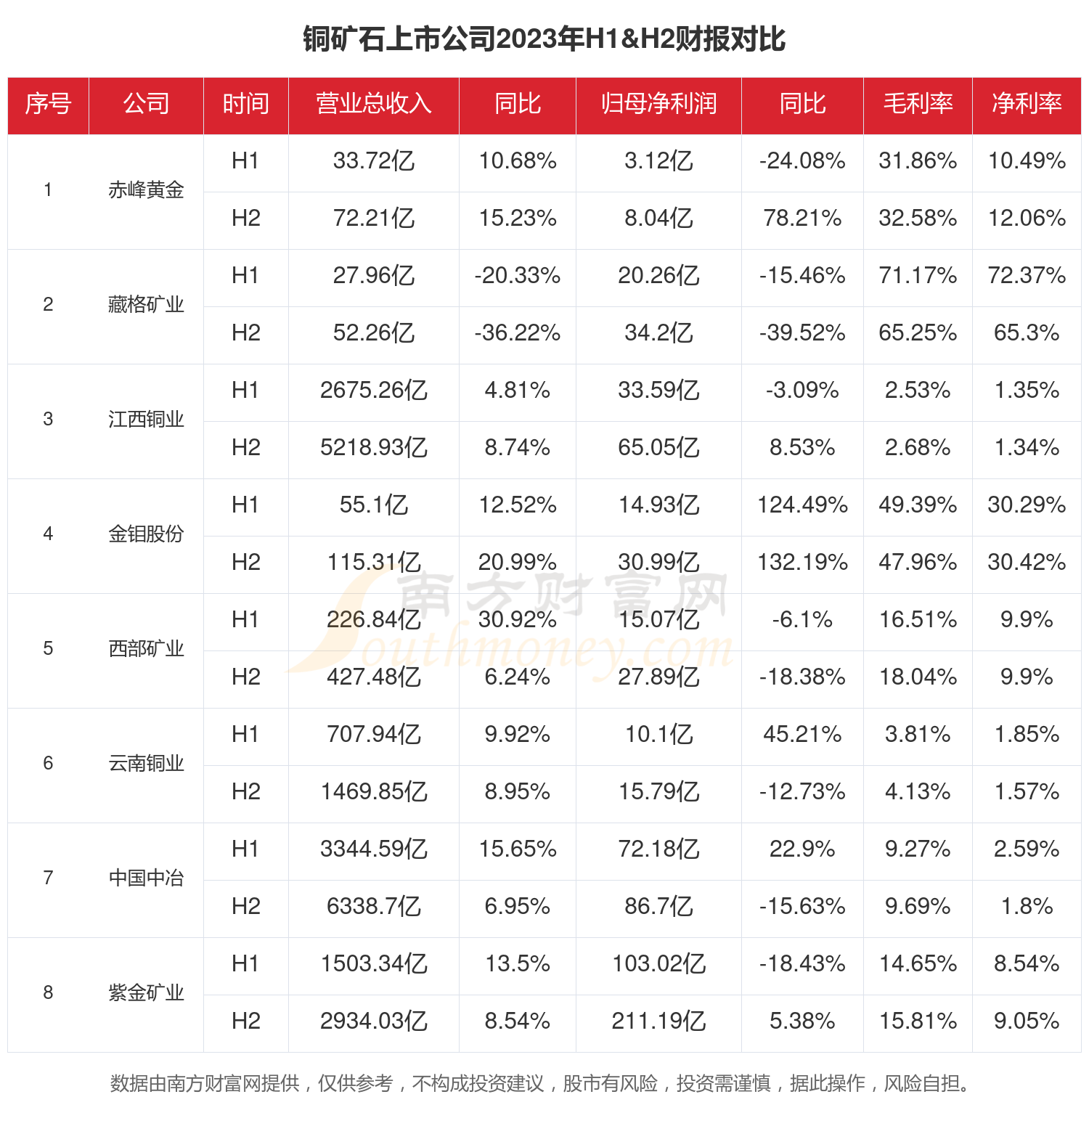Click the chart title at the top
(544, 39)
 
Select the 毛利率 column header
(918, 104)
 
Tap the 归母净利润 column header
(658, 104)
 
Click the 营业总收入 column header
(373, 104)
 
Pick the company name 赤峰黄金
(146, 190)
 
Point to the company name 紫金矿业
(146, 992)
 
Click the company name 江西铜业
(146, 420)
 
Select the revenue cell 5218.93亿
(373, 447)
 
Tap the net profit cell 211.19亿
(658, 1021)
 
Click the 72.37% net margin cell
(1027, 276)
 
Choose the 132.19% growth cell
(802, 562)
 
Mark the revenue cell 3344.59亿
(373, 849)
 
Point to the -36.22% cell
(517, 333)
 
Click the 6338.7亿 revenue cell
(373, 906)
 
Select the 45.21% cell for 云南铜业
(802, 734)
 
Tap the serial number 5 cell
(48, 648)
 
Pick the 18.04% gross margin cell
(918, 677)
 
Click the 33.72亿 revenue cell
(373, 161)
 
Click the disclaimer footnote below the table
(540, 1083)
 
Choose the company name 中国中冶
(146, 878)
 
